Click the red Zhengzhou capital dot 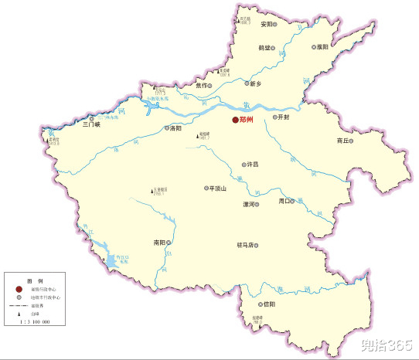click(235, 120)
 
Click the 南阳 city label click(159, 242)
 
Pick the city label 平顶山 click(217, 188)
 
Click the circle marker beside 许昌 click(244, 165)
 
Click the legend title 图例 click(34, 280)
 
